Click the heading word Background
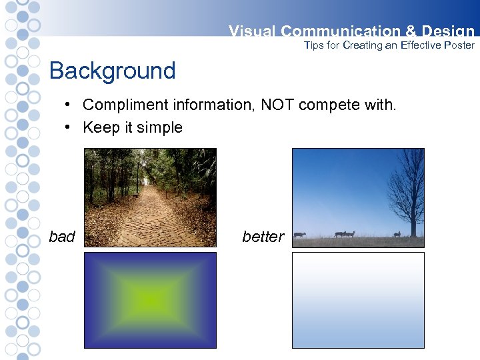112,71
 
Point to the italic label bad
62,237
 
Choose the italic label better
263,237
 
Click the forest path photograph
150,197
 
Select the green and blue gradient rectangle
150,300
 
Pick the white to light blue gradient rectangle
358,300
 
